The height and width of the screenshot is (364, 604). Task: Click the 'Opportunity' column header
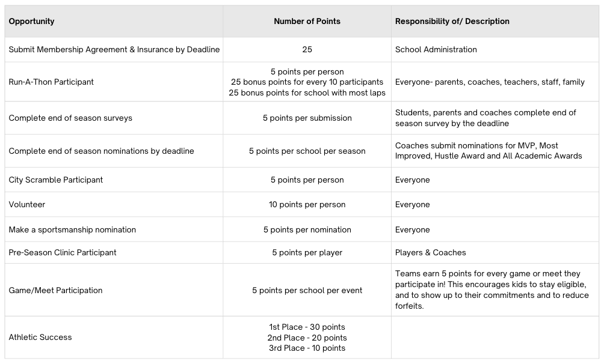pyautogui.click(x=31, y=21)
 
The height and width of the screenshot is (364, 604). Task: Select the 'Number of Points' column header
pyautogui.click(x=307, y=21)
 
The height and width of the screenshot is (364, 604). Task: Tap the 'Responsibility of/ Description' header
pyautogui.click(x=452, y=21)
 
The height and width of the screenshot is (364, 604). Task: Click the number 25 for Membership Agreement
pyautogui.click(x=307, y=49)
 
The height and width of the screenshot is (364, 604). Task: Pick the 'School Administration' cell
pyautogui.click(x=436, y=49)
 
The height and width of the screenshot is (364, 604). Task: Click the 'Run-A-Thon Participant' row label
pyautogui.click(x=51, y=82)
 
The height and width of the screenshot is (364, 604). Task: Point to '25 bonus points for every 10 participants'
pyautogui.click(x=307, y=82)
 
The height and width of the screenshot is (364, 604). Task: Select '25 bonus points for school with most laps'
pyautogui.click(x=307, y=93)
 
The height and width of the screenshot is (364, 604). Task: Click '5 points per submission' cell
pyautogui.click(x=307, y=118)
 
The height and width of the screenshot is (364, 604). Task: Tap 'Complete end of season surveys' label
pyautogui.click(x=70, y=118)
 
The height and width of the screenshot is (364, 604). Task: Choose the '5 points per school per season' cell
pyautogui.click(x=307, y=151)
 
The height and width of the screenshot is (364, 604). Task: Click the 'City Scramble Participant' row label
pyautogui.click(x=55, y=180)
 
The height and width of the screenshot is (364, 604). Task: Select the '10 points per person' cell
pyautogui.click(x=307, y=204)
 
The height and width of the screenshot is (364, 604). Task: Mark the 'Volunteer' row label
pyautogui.click(x=26, y=204)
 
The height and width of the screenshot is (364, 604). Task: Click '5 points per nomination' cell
pyautogui.click(x=307, y=229)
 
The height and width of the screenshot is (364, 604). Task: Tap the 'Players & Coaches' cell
pyautogui.click(x=430, y=252)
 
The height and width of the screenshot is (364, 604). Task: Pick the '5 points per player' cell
pyautogui.click(x=307, y=252)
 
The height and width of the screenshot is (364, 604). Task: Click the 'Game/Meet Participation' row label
pyautogui.click(x=55, y=290)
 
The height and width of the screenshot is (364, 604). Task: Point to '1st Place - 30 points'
pyautogui.click(x=307, y=327)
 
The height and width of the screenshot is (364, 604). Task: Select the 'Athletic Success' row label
pyautogui.click(x=40, y=337)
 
